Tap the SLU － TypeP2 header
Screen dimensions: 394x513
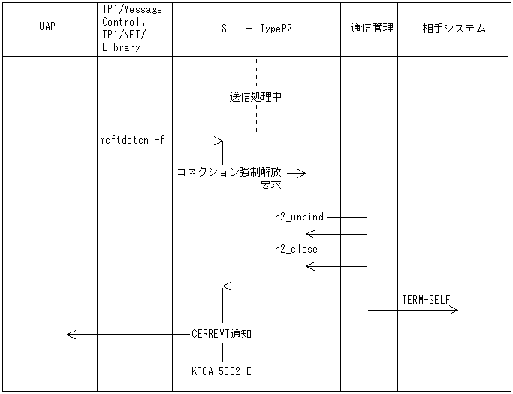coord(256,29)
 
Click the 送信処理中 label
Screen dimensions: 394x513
coord(255,97)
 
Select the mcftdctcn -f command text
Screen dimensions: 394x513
coord(131,140)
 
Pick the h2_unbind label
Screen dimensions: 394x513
coord(299,217)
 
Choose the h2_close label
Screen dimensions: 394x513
coord(296,249)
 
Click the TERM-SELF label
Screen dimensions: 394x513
coord(426,300)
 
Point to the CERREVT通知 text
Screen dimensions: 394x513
coord(222,334)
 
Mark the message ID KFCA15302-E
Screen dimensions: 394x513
coord(222,371)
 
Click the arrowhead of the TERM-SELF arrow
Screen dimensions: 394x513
coord(454,308)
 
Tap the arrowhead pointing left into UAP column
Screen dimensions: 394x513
coord(70,334)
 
